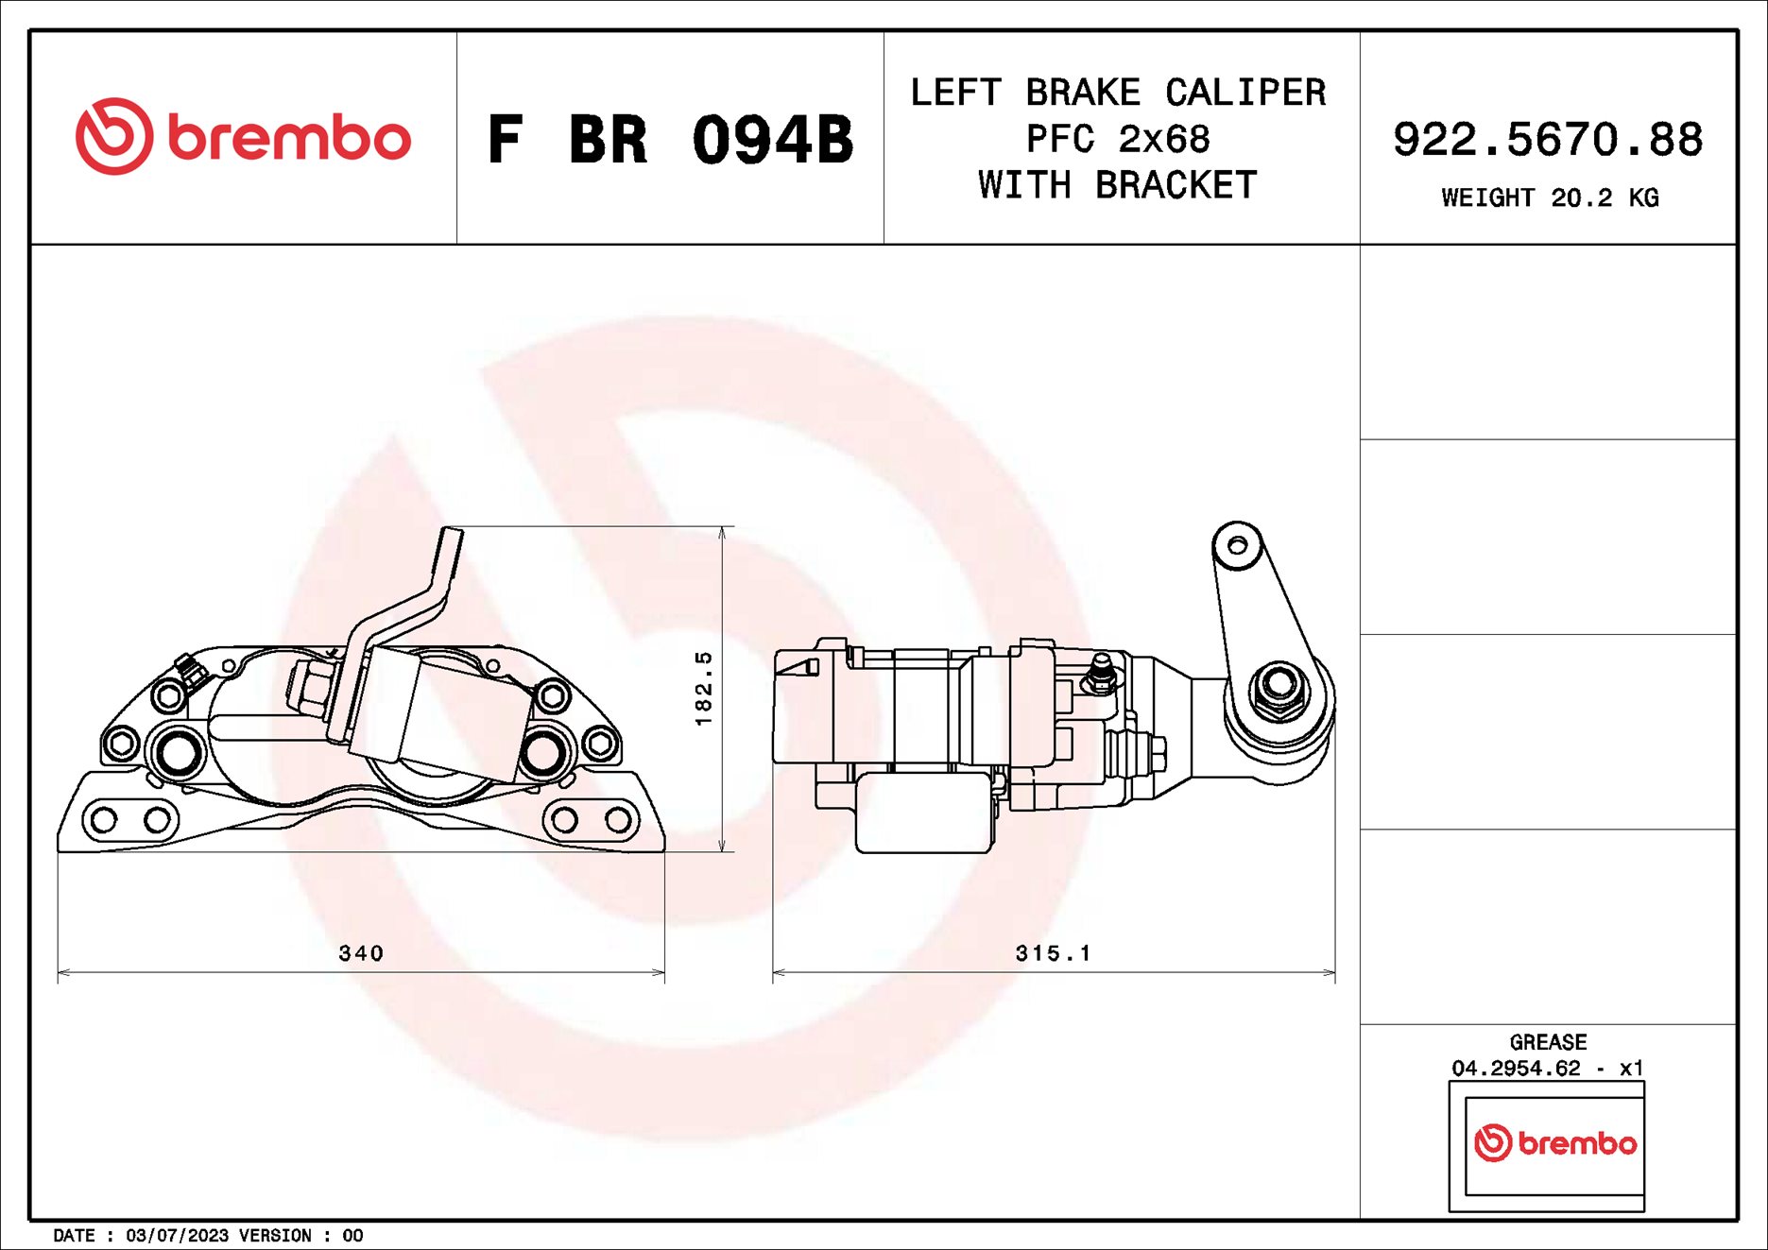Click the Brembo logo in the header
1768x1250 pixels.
coord(243,137)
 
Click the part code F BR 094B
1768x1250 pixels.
coord(670,140)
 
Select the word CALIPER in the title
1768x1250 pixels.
coord(1244,93)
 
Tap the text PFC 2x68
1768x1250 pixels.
coord(1118,139)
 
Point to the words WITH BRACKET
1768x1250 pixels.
coord(1118,185)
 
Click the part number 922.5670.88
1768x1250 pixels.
coord(1547,139)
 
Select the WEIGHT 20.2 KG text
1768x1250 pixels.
coord(1549,197)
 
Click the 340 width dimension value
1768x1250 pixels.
coord(361,953)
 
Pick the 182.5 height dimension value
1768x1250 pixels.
coord(703,688)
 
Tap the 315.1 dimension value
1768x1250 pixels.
coord(1053,953)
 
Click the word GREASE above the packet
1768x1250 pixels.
coord(1547,1042)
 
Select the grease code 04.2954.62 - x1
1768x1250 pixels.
coord(1547,1068)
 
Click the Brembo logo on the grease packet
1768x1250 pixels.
coord(1554,1143)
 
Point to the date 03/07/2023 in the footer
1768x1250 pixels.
coord(177,1236)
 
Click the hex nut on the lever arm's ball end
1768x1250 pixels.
coord(1279,686)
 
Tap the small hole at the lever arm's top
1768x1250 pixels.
coord(1237,545)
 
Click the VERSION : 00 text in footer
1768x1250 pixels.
coord(300,1236)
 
